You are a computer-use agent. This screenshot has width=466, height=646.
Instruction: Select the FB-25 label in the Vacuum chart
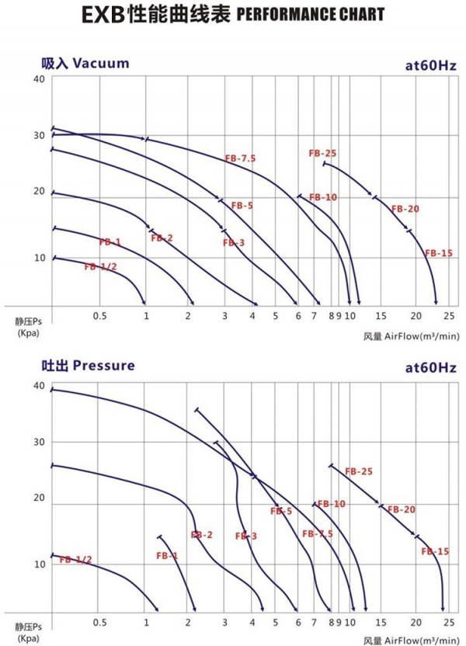pyautogui.click(x=322, y=153)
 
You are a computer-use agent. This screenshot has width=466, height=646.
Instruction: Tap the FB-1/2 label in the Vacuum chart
pyautogui.click(x=100, y=267)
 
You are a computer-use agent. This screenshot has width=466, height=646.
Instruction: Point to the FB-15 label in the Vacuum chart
pyautogui.click(x=438, y=253)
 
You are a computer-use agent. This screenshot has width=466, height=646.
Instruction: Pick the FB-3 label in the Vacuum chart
pyautogui.click(x=233, y=243)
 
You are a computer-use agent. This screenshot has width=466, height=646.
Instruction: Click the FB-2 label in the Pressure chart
pyautogui.click(x=202, y=535)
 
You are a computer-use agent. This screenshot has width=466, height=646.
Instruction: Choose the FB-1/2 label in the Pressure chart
pyautogui.click(x=75, y=560)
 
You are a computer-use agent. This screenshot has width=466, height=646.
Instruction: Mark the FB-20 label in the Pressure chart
pyautogui.click(x=403, y=510)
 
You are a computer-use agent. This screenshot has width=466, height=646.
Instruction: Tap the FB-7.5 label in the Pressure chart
pyautogui.click(x=318, y=534)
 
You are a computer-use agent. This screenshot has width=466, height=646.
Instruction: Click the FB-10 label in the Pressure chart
pyautogui.click(x=331, y=504)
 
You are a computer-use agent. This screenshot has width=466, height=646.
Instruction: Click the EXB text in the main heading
pyautogui.click(x=104, y=15)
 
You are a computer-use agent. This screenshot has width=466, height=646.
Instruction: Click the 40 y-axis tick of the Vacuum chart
pyautogui.click(x=39, y=79)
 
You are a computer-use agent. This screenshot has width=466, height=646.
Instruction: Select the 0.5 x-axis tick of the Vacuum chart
pyautogui.click(x=99, y=316)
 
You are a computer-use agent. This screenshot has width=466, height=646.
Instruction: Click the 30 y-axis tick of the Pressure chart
pyautogui.click(x=39, y=442)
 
